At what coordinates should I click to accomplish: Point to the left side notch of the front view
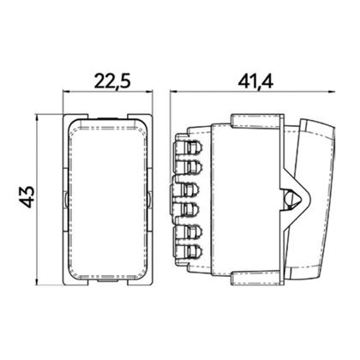pyautogui.click(x=67, y=199)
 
